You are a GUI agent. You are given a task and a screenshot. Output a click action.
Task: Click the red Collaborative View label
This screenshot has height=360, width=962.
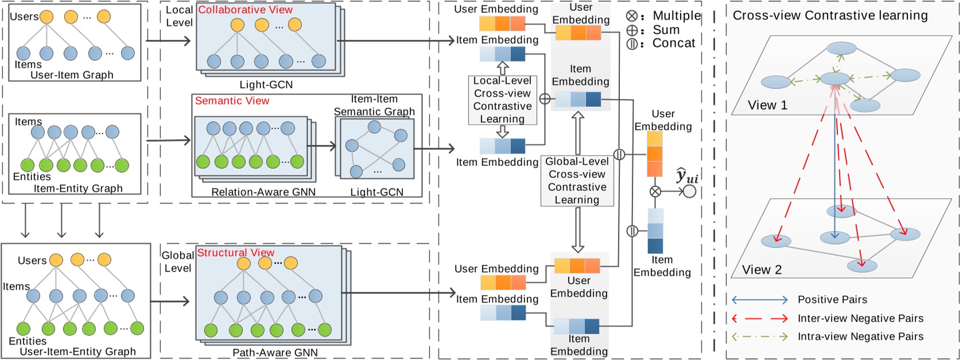tap(245, 10)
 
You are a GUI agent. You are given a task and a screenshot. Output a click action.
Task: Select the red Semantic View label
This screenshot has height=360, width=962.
tap(232, 100)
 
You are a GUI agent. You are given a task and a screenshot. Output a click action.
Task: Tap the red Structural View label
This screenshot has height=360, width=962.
tap(235, 253)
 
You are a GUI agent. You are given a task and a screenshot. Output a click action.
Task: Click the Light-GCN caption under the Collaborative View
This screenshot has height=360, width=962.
tap(266, 84)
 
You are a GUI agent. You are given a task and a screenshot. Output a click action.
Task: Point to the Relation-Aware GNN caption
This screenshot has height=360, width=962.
tap(263, 192)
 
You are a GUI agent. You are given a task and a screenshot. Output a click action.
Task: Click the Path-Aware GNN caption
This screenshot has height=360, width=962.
tap(275, 353)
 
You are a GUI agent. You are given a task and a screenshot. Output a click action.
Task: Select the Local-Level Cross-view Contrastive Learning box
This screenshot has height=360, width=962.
tap(502, 100)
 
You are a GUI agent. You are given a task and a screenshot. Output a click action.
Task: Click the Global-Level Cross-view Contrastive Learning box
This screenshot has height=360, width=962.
tap(577, 181)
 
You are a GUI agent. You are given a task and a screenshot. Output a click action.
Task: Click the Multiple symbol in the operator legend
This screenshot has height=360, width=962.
tap(632, 16)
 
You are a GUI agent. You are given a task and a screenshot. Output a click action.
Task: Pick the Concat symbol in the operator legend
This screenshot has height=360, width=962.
tap(632, 43)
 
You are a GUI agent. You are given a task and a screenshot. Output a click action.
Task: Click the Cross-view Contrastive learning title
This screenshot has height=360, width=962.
tap(830, 16)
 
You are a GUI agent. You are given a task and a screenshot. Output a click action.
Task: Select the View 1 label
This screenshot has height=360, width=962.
tap(767, 105)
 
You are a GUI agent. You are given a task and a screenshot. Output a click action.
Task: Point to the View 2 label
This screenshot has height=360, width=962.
tap(762, 270)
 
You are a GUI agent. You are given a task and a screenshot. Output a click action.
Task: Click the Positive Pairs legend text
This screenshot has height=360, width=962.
tap(832, 300)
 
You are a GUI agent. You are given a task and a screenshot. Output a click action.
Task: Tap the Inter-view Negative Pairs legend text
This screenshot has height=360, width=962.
tap(860, 318)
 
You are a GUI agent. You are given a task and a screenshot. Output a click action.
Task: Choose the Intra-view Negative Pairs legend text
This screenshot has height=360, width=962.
tap(860, 336)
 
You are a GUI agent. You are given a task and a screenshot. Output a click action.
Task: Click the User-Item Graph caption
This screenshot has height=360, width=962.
tap(72, 75)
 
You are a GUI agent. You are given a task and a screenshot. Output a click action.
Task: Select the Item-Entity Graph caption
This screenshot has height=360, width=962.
tap(78, 188)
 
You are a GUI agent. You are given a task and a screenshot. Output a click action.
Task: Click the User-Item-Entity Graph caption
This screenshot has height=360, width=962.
tap(78, 351)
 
